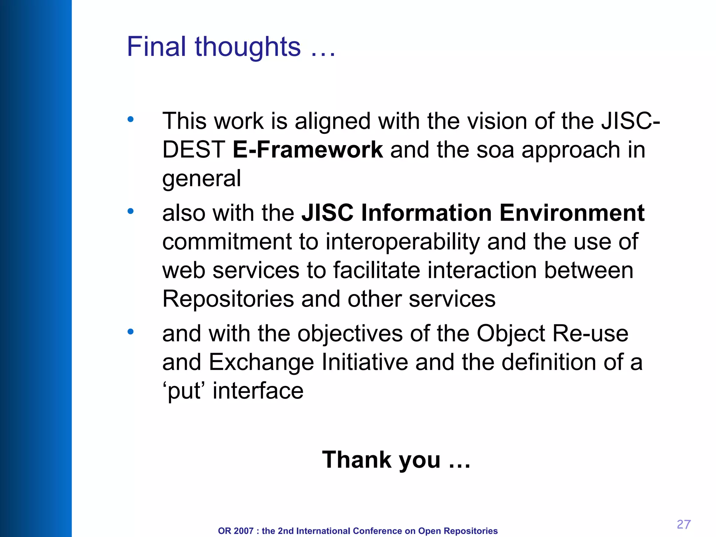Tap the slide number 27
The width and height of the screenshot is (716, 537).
point(683,524)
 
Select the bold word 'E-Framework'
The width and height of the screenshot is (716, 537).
point(308,150)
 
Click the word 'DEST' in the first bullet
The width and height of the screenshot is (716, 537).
point(194,150)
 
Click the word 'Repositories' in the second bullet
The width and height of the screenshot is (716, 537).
point(228,299)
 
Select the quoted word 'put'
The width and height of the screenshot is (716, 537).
point(184,391)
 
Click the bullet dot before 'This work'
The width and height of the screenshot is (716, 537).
point(130,120)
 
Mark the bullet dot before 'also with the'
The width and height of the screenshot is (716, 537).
point(130,211)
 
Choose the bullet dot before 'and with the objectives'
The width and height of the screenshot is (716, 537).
point(130,332)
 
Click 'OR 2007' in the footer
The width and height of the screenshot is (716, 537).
point(235,531)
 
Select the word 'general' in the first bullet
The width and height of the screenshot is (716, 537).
point(201,179)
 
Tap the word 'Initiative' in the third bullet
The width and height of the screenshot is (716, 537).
point(365,362)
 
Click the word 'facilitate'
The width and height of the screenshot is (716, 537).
point(377,271)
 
